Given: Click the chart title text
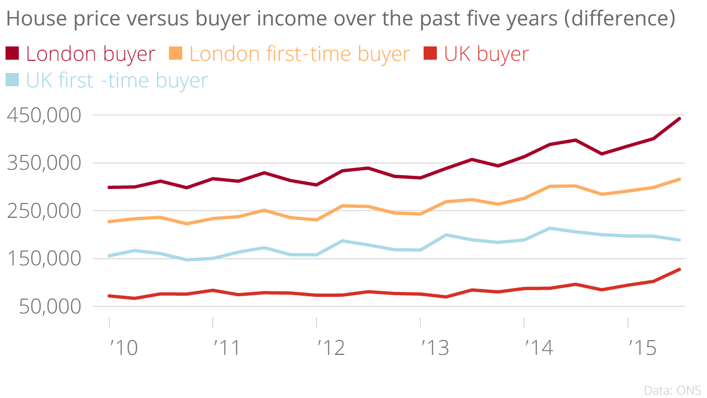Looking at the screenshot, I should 340,19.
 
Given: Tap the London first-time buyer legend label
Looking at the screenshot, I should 300,54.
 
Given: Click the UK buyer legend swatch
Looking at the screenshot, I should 430,54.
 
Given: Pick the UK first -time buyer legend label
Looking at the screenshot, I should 117,80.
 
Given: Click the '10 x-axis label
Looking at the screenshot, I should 122,348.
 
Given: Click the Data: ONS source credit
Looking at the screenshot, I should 672,390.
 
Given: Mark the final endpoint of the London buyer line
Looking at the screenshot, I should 679,119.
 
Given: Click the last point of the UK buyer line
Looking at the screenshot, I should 679,269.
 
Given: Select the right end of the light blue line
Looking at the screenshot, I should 679,240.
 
